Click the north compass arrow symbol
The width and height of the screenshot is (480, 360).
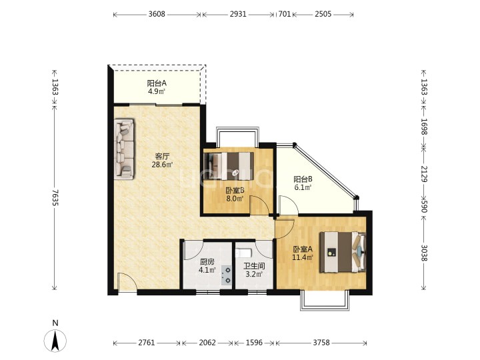point(55,340)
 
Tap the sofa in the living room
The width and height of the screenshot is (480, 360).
point(124,149)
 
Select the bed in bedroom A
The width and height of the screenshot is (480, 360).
point(343,252)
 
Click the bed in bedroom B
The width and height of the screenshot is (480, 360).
point(229,165)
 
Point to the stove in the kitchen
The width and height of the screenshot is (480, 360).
point(227,275)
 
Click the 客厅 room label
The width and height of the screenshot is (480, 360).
point(162,157)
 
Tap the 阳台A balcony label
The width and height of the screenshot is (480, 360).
point(157,83)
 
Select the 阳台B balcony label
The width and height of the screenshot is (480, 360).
point(303,179)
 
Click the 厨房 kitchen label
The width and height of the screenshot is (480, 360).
point(207,262)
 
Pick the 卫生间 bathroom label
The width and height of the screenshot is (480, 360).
point(255,266)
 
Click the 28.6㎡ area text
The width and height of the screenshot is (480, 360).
point(162,165)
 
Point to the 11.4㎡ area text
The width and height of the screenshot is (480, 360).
point(303,257)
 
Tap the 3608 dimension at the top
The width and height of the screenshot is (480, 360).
point(157,14)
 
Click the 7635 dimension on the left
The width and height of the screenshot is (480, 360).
point(55,197)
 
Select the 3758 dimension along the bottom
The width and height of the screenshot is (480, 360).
point(321,343)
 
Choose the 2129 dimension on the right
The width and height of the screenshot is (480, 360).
point(424,174)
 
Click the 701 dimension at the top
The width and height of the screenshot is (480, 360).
point(285,14)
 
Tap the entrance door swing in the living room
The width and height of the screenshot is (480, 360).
point(125,281)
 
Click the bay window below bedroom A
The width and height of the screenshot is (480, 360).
point(325,301)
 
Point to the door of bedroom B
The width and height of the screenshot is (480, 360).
point(259,206)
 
